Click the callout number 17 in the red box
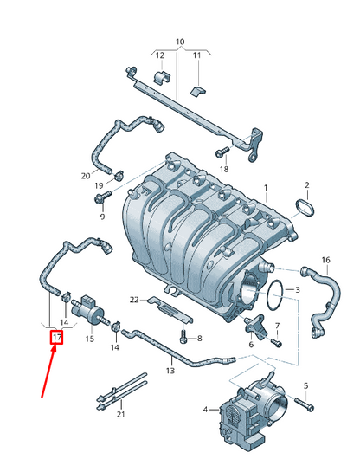57,337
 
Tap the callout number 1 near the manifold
266,188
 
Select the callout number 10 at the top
180,42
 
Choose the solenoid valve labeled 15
89,307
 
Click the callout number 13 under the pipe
170,371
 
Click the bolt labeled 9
101,199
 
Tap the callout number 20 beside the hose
85,176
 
